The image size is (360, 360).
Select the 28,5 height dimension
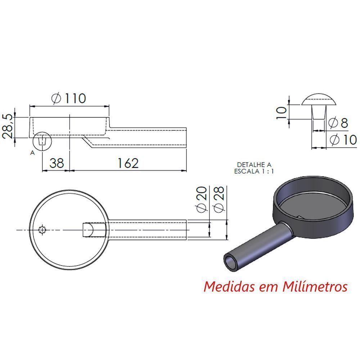point(8,127)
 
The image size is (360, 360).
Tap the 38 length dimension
point(57,163)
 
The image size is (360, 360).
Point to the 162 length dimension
point(128,163)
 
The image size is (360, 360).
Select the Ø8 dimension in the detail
point(339,123)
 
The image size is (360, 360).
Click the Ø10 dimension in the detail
point(343,140)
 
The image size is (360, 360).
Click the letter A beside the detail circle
point(32,153)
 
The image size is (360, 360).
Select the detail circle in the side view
point(42,140)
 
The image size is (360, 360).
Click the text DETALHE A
point(254,165)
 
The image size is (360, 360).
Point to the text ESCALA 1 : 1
point(254,171)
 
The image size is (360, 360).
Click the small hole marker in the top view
point(42,229)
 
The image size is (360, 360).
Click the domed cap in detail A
point(319,99)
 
